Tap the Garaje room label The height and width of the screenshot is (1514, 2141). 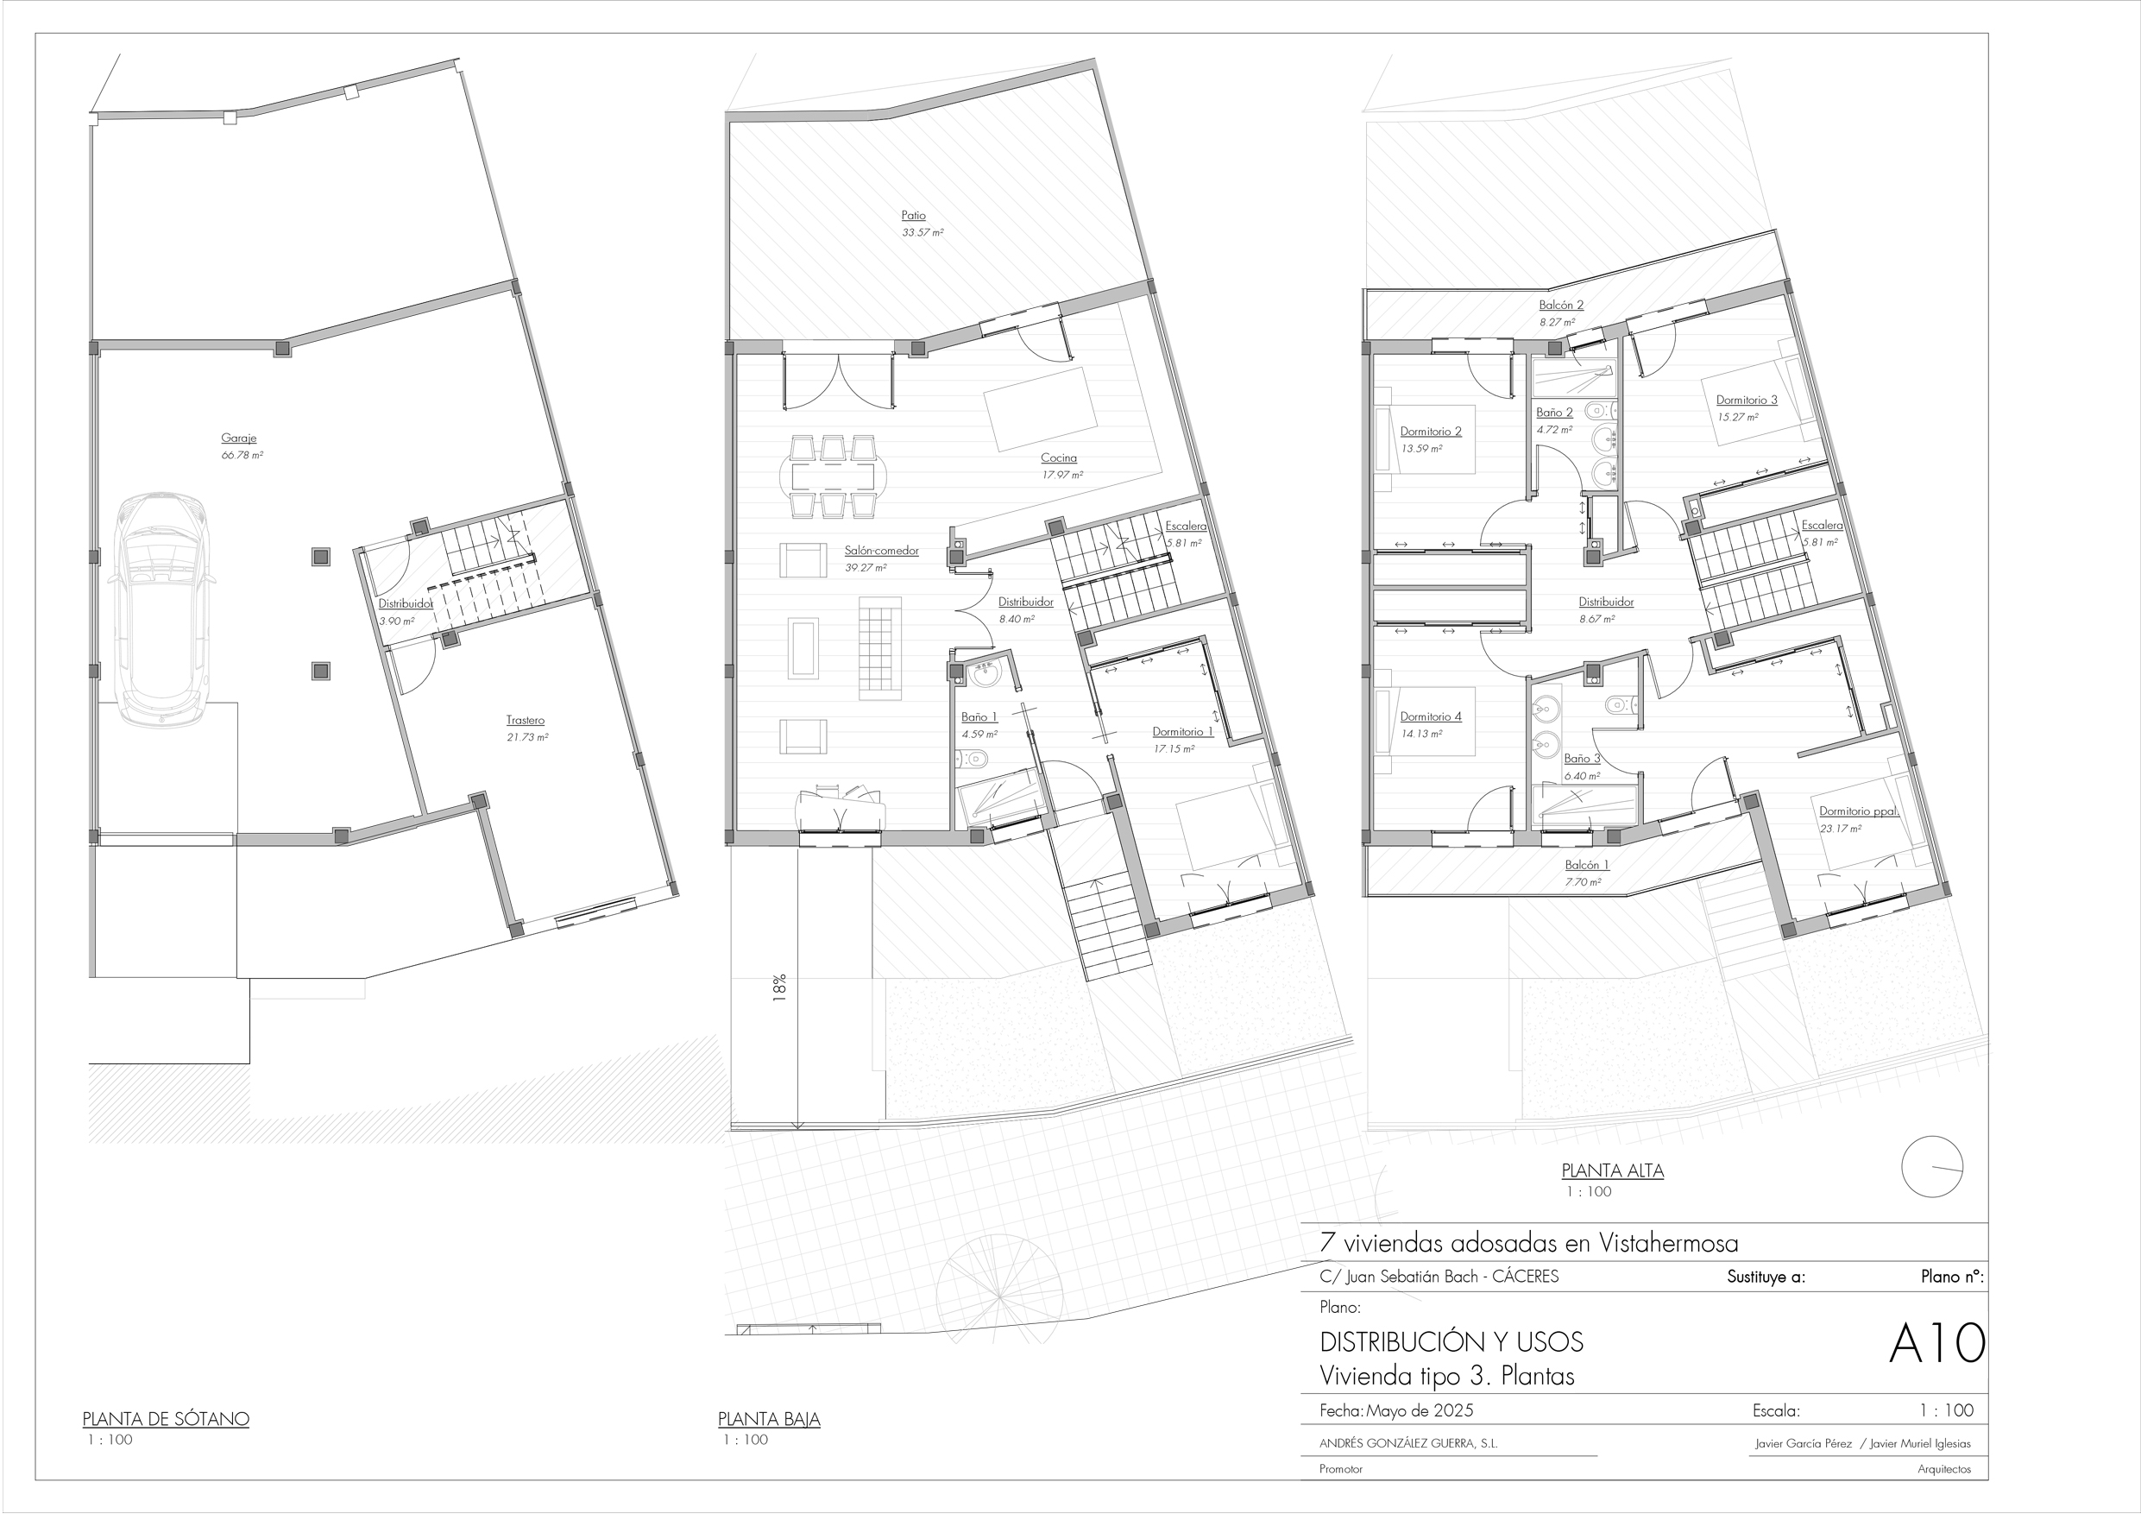(239, 438)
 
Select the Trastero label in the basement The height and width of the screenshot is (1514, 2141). (525, 720)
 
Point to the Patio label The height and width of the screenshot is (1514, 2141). (913, 216)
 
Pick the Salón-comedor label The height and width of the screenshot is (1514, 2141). (881, 551)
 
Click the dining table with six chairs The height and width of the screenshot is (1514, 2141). (833, 476)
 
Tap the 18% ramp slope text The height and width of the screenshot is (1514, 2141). (779, 987)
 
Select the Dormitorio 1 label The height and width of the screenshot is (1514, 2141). (1182, 731)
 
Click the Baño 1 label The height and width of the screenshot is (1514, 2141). (979, 717)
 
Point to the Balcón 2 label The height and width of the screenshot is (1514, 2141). (1561, 305)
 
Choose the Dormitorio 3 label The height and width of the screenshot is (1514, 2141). (1747, 401)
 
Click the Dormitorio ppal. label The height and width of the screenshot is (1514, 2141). (1859, 811)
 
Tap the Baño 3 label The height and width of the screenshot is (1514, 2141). (1582, 759)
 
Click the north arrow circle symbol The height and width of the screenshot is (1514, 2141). (1932, 1166)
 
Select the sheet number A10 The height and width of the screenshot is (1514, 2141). (1936, 1343)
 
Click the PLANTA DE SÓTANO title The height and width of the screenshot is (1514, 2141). (166, 1419)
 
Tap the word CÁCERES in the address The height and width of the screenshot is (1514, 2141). (1525, 1276)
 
